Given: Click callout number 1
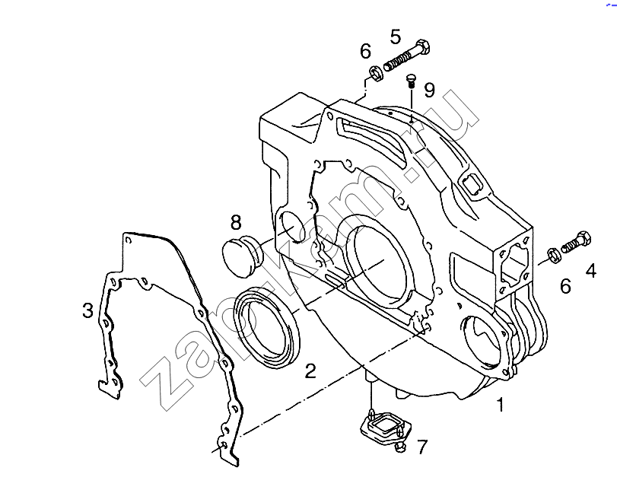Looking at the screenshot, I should click(499, 406).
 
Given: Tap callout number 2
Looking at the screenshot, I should click(310, 371).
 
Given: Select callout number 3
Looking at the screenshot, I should click(89, 310).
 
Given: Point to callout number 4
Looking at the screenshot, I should click(590, 269).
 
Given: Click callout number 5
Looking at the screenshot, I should click(395, 36).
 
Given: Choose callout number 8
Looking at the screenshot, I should click(236, 223).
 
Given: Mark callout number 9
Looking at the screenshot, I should click(429, 91).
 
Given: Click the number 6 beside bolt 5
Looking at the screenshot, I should click(365, 51).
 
